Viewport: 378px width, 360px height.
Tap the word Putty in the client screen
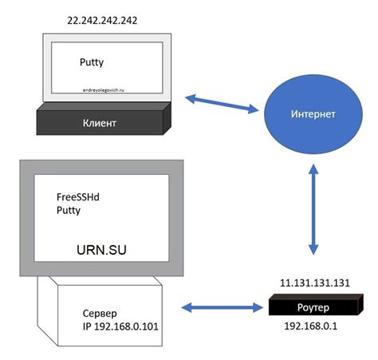[93, 61]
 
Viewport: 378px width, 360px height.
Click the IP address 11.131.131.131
[313, 283]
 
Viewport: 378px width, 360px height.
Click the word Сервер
[101, 312]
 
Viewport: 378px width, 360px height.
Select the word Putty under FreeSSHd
[69, 211]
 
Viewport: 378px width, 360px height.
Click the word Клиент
[100, 124]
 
